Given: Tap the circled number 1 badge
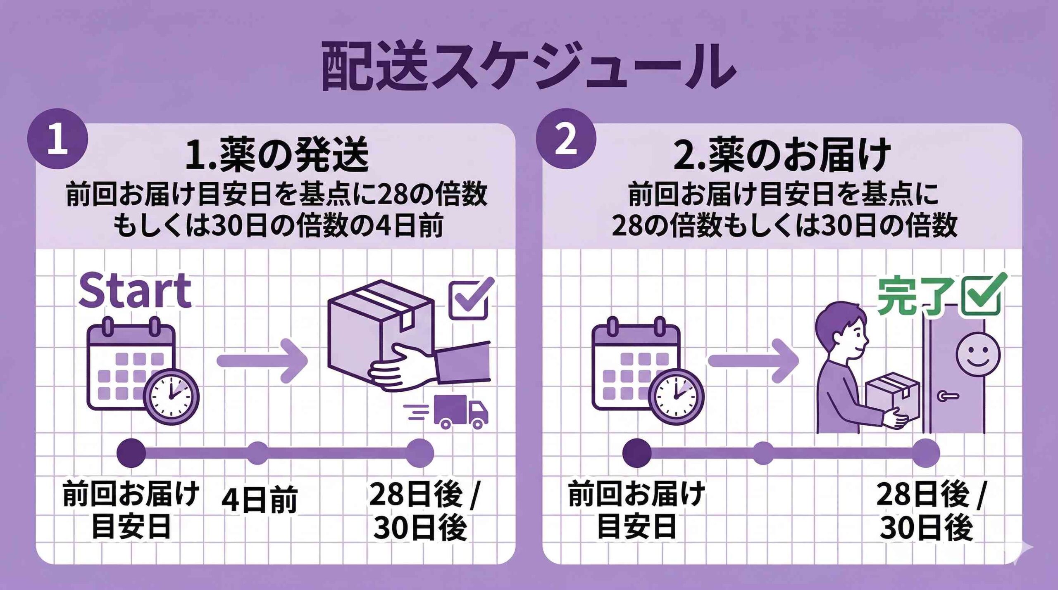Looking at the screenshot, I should tap(57, 139).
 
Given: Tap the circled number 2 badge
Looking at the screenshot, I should tap(566, 139).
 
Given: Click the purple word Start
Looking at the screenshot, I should tap(135, 291).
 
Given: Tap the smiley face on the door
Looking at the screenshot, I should tap(978, 355).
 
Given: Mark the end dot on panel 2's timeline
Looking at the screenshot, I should tap(926, 453).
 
